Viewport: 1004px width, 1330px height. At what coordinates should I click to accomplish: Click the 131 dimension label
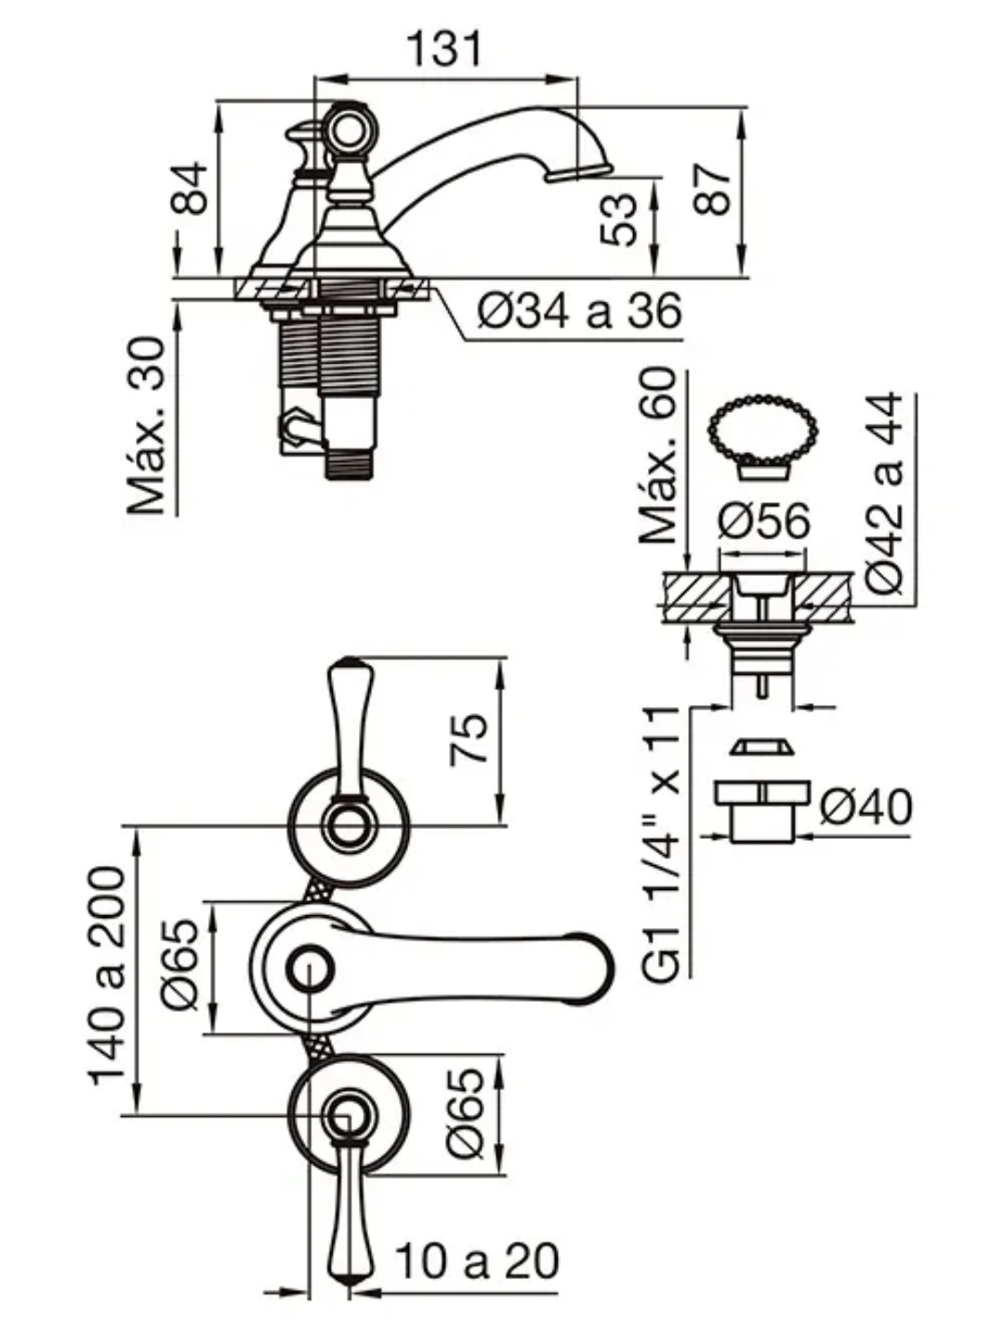(x=445, y=48)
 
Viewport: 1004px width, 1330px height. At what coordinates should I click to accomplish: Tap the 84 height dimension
(x=189, y=189)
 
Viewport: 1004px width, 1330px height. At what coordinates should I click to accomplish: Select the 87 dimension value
(x=712, y=189)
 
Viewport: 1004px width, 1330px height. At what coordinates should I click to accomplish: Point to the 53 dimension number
(x=619, y=219)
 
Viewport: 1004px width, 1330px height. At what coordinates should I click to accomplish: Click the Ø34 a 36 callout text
(x=579, y=312)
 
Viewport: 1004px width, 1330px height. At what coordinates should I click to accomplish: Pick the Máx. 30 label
(x=147, y=425)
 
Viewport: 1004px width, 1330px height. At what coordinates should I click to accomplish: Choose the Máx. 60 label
(x=659, y=456)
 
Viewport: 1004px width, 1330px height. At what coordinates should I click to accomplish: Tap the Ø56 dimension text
(x=763, y=521)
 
